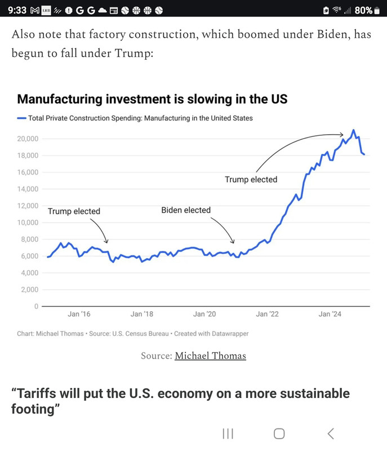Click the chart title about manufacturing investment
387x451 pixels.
[x=152, y=99]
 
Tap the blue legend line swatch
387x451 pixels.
[x=21, y=118]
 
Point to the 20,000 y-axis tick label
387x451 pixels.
[x=28, y=139]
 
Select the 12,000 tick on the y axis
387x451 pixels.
[x=28, y=206]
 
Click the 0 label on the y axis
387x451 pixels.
[x=36, y=306]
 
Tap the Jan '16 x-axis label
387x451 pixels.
[x=79, y=314]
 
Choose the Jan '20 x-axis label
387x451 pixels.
[x=204, y=314]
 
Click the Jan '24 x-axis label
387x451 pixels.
[x=330, y=314]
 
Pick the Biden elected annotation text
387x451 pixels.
[x=186, y=210]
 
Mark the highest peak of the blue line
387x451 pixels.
[x=353, y=130]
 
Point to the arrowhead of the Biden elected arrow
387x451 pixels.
[x=233, y=242]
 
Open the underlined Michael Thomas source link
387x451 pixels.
[x=210, y=356]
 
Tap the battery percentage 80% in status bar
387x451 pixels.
[x=363, y=10]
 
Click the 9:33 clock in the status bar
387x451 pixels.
[x=17, y=10]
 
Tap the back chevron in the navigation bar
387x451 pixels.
[x=331, y=434]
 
